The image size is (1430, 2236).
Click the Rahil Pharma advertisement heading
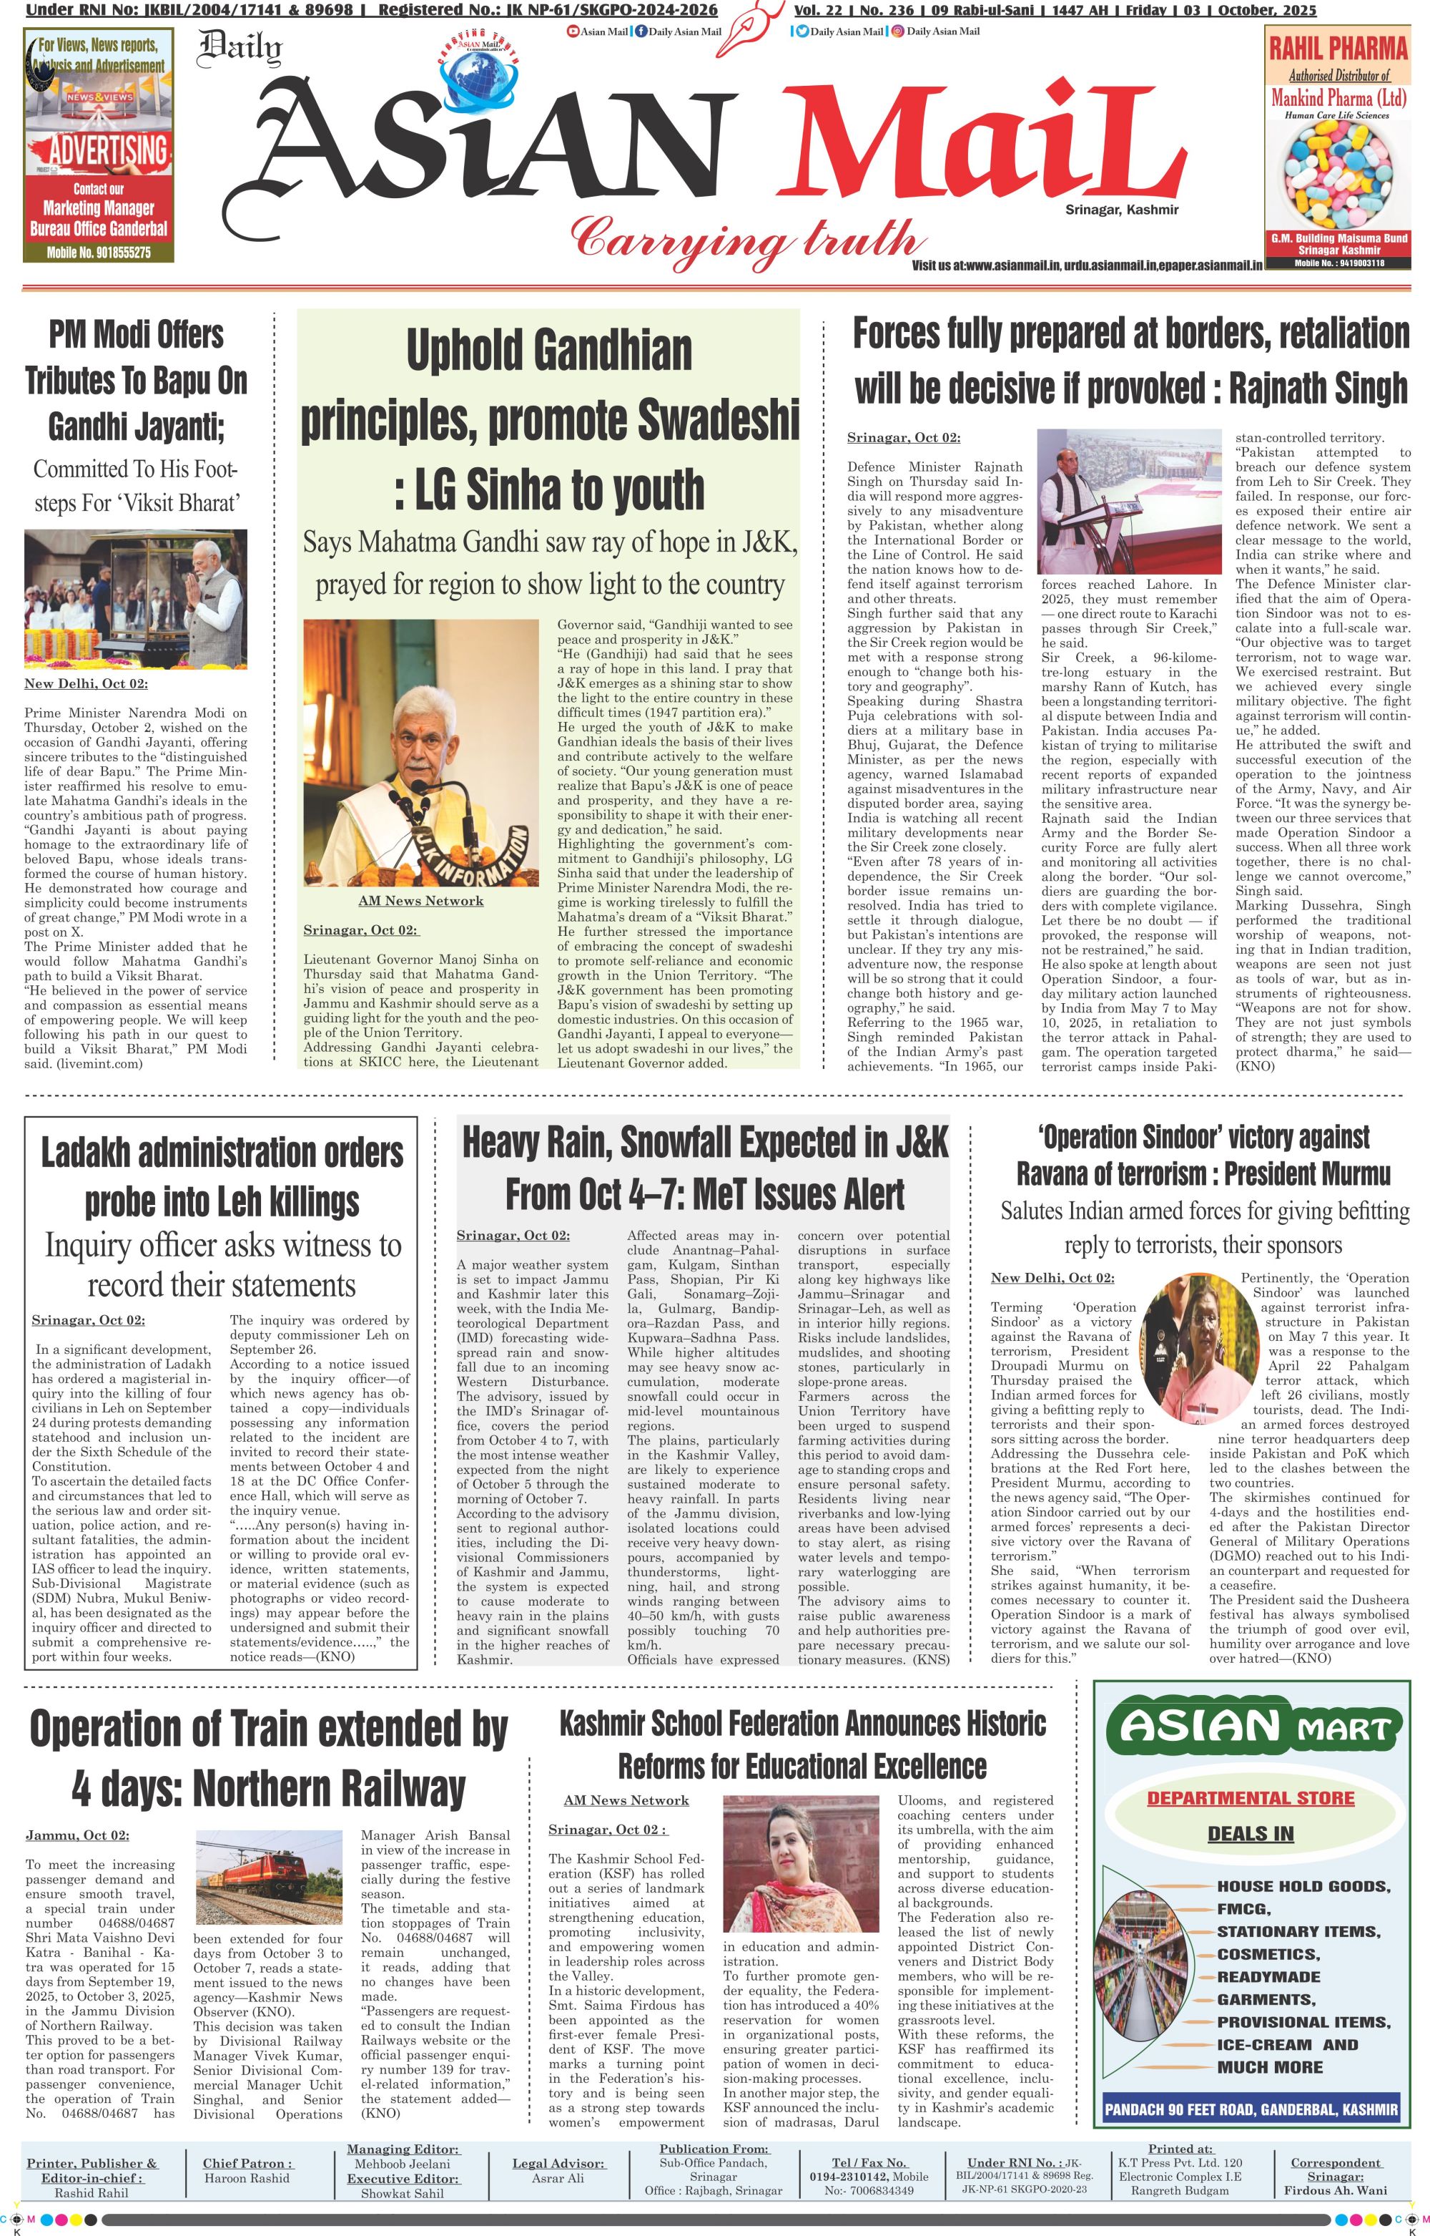click(x=1338, y=49)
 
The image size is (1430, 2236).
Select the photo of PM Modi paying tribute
click(x=136, y=598)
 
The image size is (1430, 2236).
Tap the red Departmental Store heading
click(x=1250, y=1797)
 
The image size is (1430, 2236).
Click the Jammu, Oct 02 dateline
click(x=77, y=1835)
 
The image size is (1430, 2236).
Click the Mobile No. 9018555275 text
click(x=99, y=252)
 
